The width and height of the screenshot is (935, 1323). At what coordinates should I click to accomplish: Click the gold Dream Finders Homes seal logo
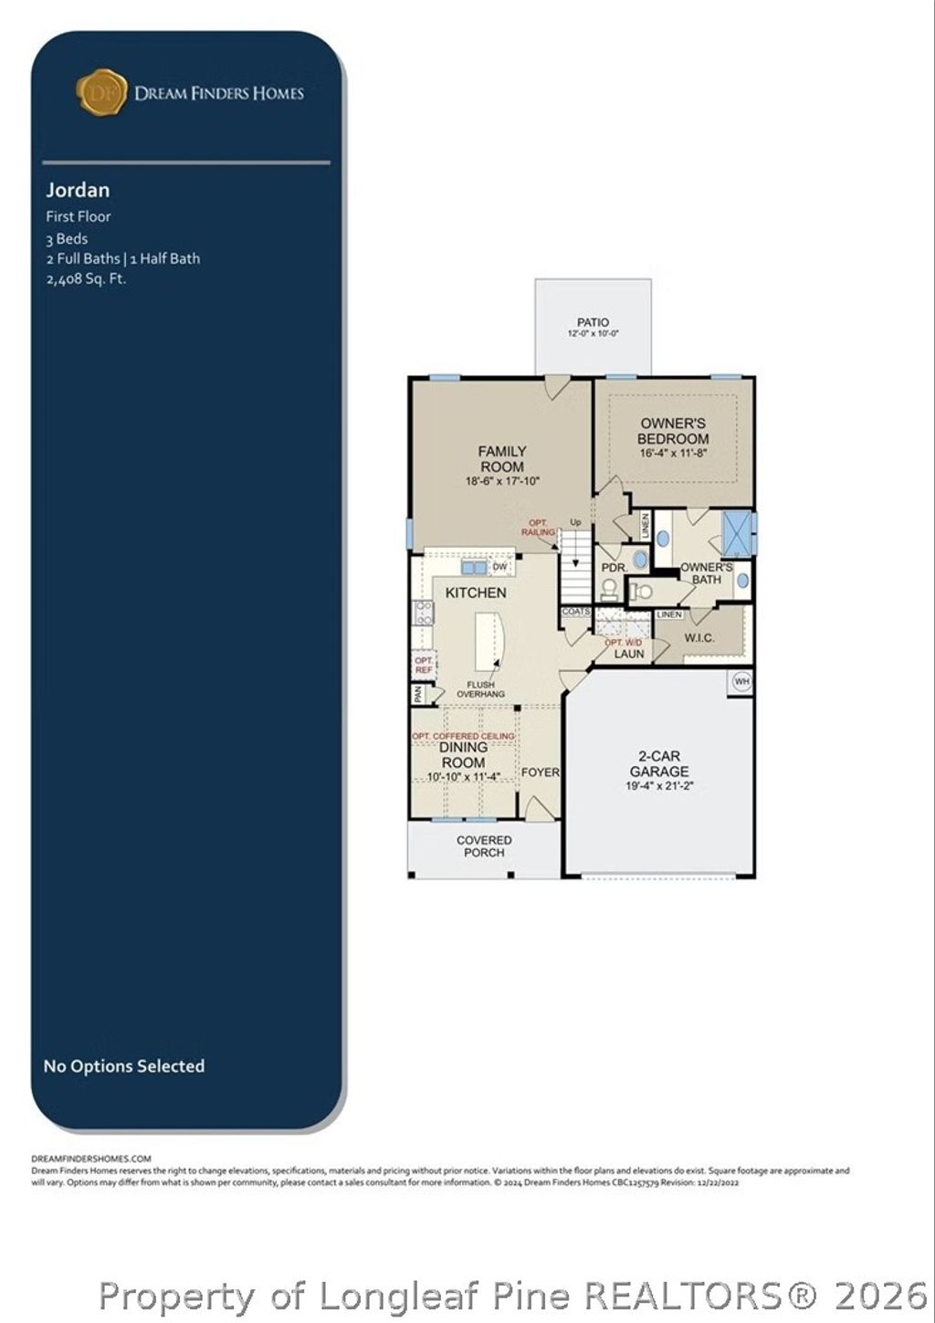101,92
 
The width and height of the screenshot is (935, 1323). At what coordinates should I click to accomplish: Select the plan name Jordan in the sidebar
78,190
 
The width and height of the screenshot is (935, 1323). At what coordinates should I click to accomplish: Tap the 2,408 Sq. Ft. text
86,278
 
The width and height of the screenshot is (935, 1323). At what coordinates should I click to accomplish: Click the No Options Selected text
124,1066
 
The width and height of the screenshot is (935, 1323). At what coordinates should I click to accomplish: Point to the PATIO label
593,322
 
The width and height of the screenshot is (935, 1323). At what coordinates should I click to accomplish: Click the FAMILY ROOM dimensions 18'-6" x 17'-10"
502,481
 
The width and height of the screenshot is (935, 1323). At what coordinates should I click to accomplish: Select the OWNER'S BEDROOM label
673,431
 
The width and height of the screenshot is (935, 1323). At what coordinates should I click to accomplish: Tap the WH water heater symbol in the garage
741,681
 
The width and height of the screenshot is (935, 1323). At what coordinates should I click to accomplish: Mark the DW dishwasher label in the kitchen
499,567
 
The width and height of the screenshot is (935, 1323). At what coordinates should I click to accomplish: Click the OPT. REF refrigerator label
424,665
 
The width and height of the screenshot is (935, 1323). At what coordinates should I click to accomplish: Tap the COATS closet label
576,612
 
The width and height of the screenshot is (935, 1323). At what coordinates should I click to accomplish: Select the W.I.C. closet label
699,637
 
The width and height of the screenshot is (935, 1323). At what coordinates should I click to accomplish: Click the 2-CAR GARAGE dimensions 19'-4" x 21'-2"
659,785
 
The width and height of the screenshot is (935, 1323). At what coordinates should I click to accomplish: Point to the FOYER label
540,772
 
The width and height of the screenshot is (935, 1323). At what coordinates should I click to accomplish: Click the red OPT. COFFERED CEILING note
463,736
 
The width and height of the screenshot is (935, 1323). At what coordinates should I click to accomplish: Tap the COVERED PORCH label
484,846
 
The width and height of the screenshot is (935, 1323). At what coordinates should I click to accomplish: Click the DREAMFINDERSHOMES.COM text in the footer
91,1159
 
